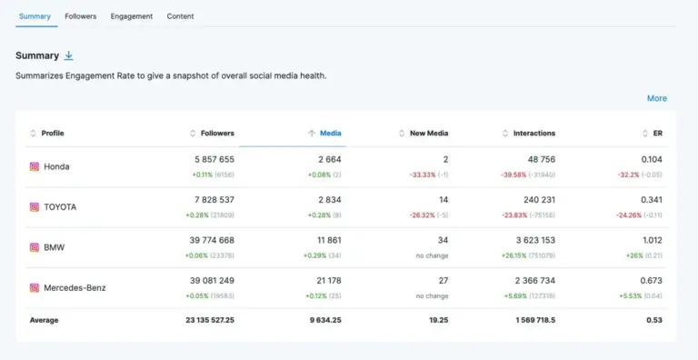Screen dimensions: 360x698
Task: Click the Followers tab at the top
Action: click(80, 16)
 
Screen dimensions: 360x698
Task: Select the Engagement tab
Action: click(132, 16)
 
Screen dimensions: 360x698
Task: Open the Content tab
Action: click(180, 16)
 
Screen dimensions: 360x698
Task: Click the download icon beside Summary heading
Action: click(69, 55)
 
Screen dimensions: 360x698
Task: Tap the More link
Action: click(656, 98)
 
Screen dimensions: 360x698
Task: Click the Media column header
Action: click(330, 134)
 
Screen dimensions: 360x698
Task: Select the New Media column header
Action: click(429, 134)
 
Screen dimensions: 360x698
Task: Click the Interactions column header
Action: click(533, 134)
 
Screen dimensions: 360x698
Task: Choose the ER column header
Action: click(657, 134)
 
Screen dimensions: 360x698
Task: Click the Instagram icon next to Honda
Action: click(35, 167)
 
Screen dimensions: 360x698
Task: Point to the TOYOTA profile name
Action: click(60, 207)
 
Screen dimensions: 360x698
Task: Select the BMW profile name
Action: click(55, 247)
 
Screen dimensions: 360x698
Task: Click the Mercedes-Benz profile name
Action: click(75, 288)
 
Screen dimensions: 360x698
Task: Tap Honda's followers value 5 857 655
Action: click(214, 159)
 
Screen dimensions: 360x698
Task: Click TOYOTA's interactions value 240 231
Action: click(534, 199)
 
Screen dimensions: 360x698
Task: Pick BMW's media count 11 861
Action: click(324, 240)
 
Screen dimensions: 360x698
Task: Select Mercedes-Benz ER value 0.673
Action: click(651, 280)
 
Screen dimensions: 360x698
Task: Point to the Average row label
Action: click(45, 320)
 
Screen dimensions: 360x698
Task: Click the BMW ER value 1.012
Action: click(651, 240)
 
